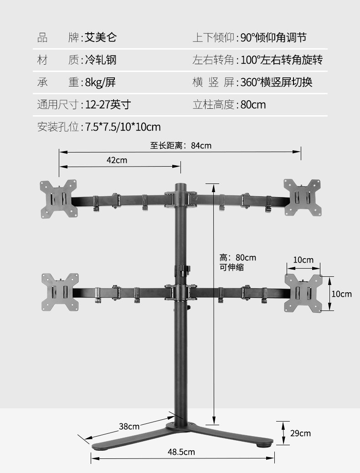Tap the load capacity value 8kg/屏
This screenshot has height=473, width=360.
tap(100, 82)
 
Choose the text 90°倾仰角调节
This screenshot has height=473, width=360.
tap(273, 37)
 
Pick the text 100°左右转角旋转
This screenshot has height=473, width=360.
tap(282, 60)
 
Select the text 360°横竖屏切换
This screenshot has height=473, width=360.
tap(276, 82)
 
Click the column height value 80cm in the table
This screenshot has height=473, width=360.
tap(253, 105)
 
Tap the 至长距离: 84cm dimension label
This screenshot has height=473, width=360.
tap(181, 146)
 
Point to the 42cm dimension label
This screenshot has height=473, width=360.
tap(117, 160)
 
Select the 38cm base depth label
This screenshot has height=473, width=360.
tap(129, 427)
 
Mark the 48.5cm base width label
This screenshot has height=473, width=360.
tap(181, 452)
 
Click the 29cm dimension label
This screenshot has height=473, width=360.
tap(301, 433)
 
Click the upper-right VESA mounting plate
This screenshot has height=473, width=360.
tap(303, 197)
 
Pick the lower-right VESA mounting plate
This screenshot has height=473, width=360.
tap(303, 293)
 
